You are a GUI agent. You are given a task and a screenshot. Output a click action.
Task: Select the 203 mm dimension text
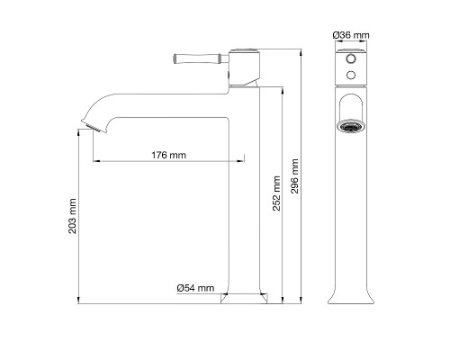tap(73, 220)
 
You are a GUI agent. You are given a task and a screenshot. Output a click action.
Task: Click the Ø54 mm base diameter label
tap(195, 288)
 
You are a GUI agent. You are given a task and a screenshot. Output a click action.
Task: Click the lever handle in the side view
tap(196, 61)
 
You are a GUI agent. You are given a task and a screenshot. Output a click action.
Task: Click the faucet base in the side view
tap(244, 296)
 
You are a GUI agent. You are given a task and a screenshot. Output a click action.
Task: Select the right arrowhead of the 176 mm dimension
tap(241, 161)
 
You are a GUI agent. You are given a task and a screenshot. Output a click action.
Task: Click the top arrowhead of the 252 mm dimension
tap(283, 88)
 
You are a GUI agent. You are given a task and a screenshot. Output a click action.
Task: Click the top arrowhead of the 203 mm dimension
tap(79, 130)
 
